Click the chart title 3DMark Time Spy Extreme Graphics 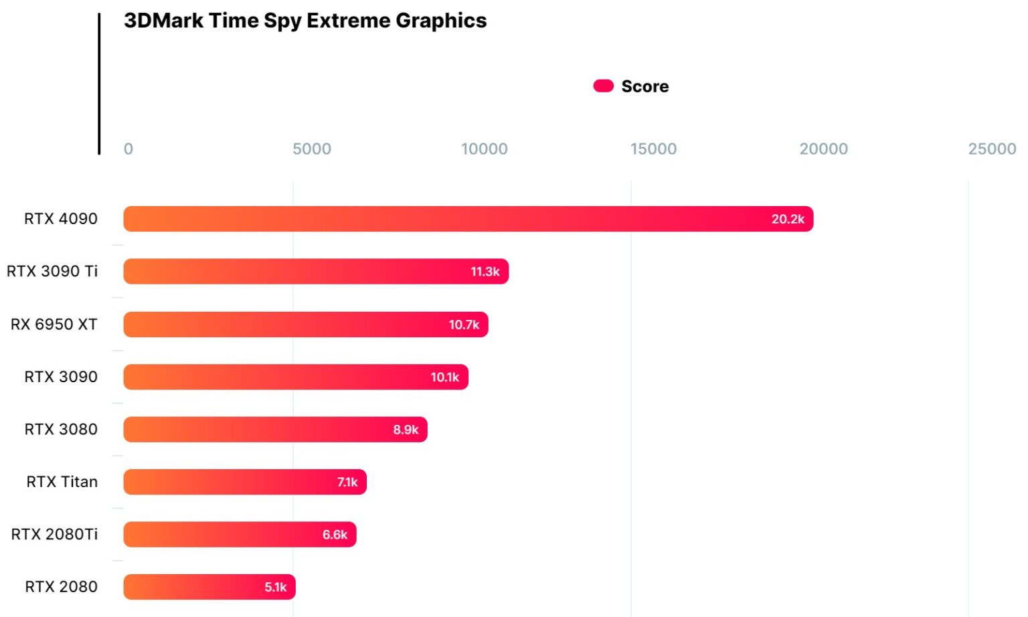click(305, 21)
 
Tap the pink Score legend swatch click(603, 86)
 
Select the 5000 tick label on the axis click(312, 149)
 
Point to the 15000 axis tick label click(653, 149)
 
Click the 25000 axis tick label click(992, 149)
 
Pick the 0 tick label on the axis click(128, 149)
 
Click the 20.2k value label click(788, 219)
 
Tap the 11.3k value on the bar click(485, 272)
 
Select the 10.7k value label click(464, 325)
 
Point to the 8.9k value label click(406, 430)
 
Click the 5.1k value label click(275, 587)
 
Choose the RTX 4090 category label click(61, 219)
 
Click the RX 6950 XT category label click(54, 325)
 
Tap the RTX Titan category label click(62, 482)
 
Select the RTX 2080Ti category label click(55, 534)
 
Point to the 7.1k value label click(347, 482)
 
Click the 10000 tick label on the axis click(484, 149)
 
